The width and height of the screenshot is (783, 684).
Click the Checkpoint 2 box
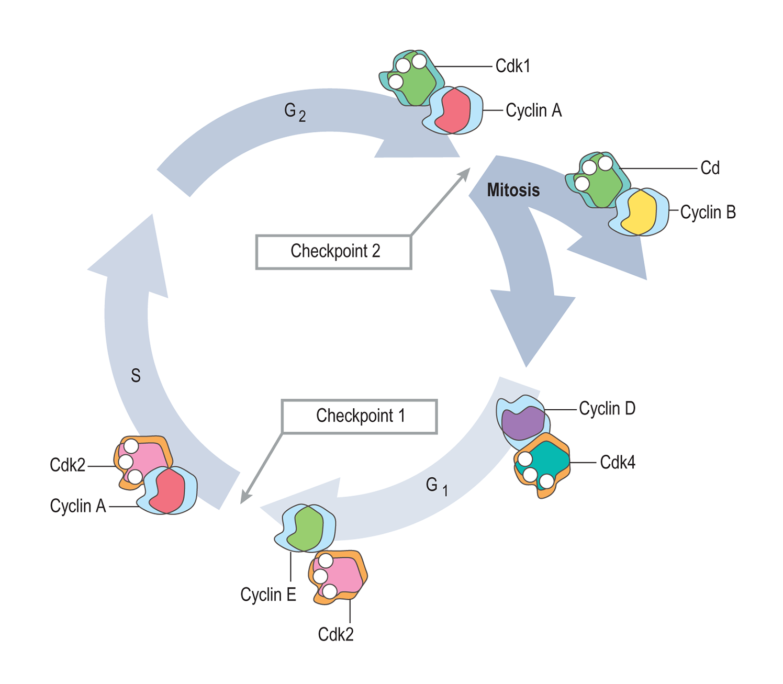[x=333, y=252]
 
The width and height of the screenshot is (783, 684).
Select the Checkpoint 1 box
[x=359, y=417]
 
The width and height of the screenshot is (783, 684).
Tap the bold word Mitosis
[x=513, y=190]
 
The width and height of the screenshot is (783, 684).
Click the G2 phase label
[x=294, y=111]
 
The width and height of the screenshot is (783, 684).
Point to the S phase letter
[x=136, y=375]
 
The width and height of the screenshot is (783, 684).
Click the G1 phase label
[x=436, y=486]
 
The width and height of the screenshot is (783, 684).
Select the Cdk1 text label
[x=512, y=66]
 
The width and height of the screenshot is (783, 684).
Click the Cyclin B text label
[x=708, y=212]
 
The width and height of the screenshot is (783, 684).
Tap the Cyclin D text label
[x=607, y=408]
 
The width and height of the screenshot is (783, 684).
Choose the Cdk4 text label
[x=618, y=463]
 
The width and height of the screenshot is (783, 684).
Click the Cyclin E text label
[x=268, y=595]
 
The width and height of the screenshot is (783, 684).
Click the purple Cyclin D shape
[x=522, y=423]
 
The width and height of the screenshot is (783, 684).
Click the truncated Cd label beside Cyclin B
[x=710, y=168]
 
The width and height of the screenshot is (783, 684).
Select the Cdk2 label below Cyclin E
[x=335, y=634]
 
